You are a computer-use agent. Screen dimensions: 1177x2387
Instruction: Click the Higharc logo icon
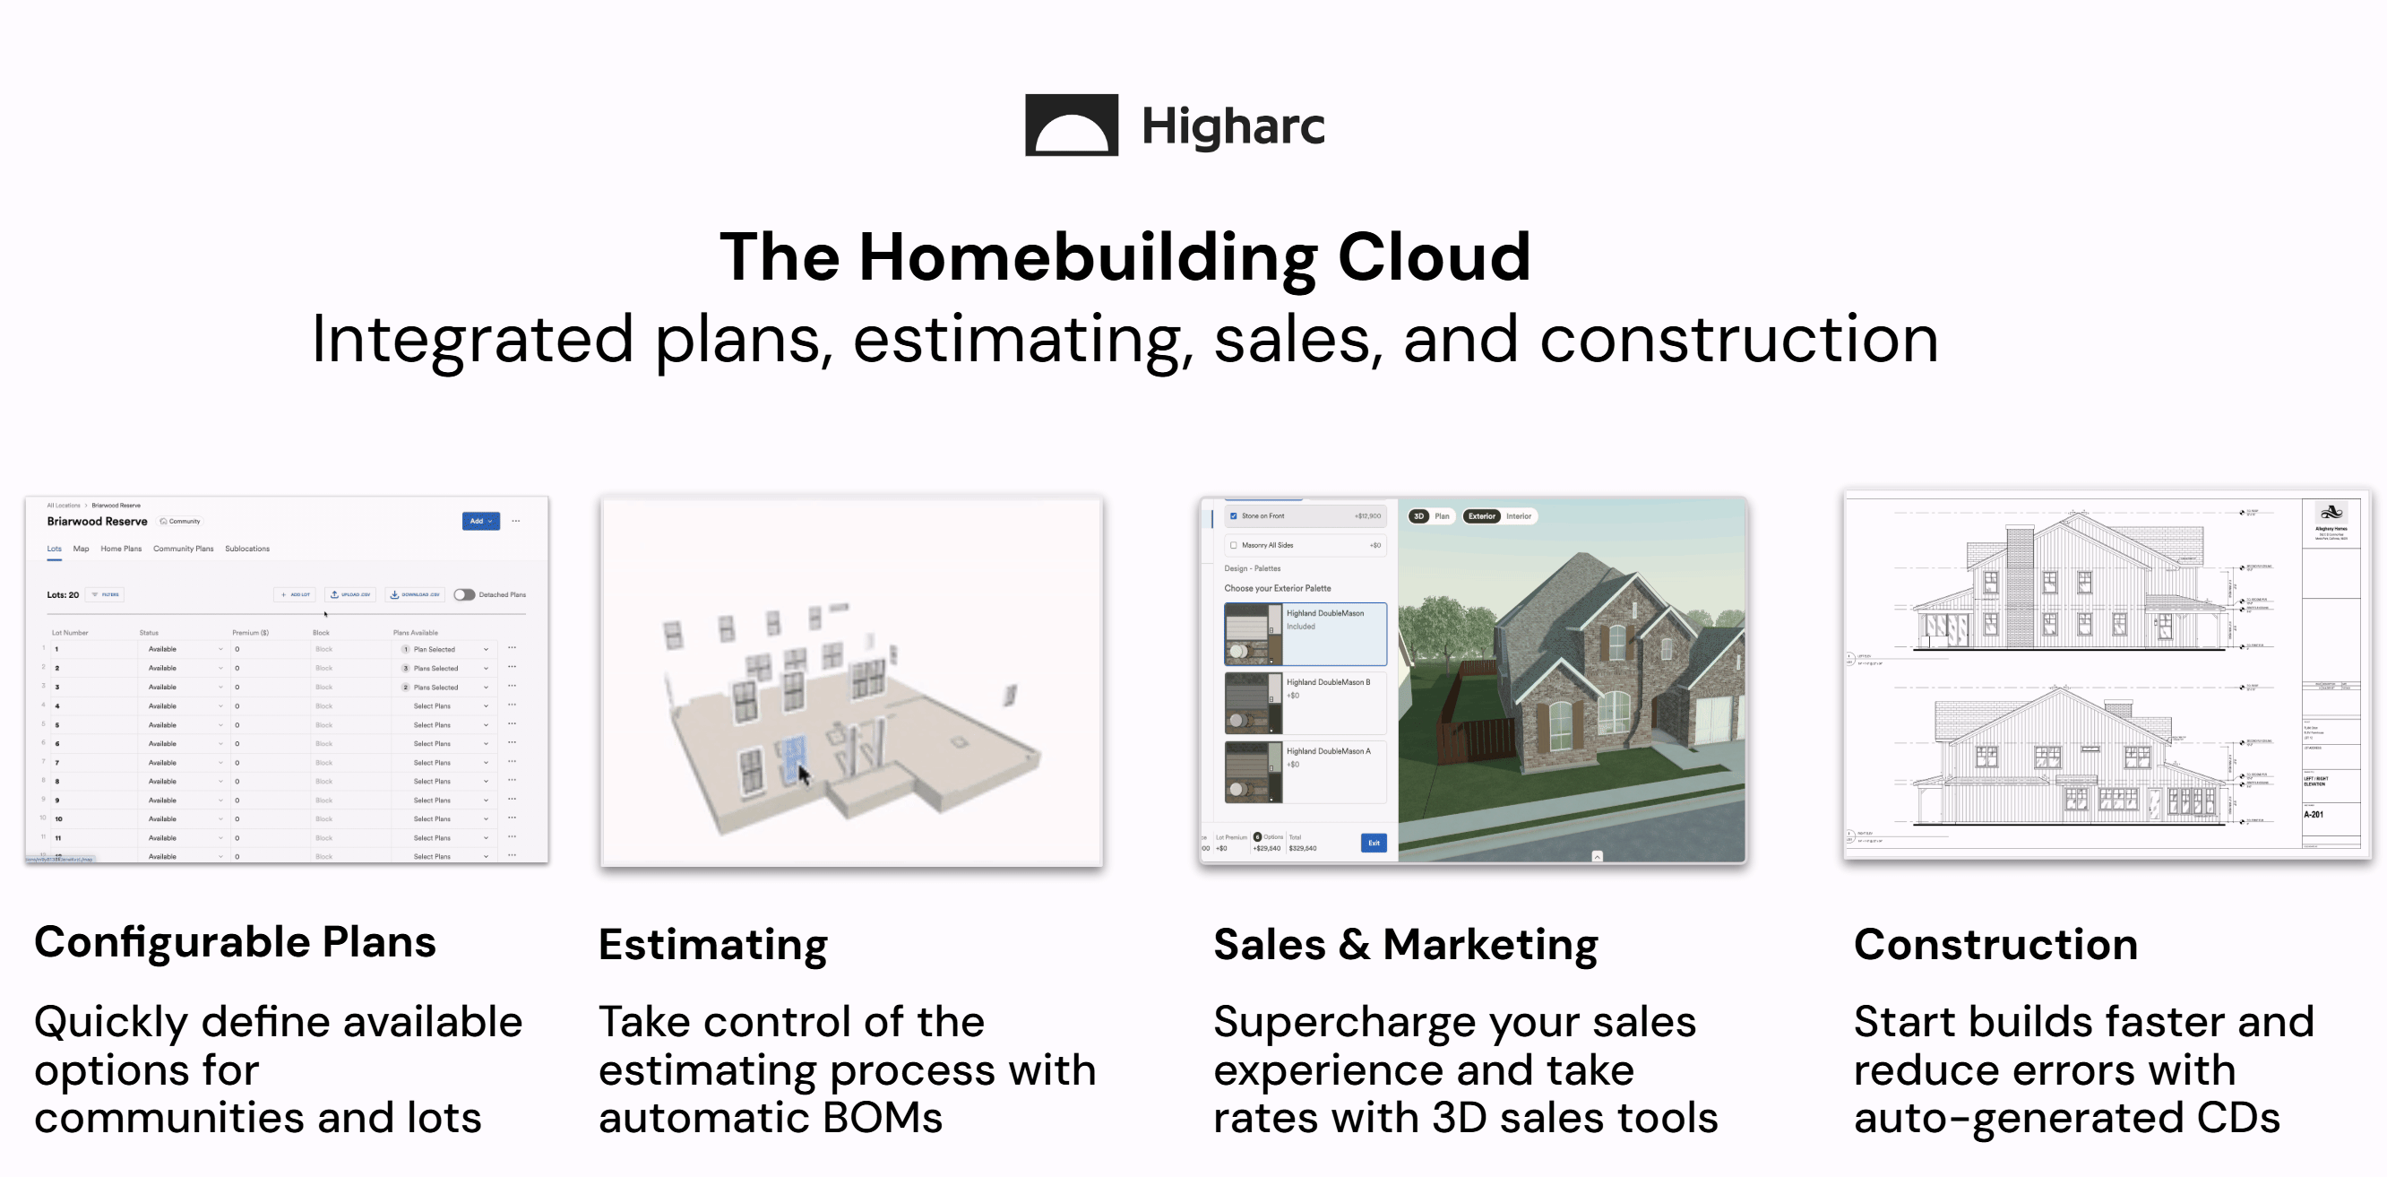1071,125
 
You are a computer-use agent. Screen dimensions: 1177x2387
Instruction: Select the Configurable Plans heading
235,941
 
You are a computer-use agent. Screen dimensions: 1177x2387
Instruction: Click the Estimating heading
712,945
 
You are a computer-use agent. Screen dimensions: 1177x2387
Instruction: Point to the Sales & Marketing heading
1405,945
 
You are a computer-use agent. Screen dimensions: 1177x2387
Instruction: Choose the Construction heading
1995,945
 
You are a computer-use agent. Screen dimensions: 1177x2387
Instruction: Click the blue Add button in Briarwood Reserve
480,521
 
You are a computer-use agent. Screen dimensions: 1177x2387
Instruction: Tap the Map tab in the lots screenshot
82,549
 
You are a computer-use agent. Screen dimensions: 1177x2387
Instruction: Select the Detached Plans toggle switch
464,595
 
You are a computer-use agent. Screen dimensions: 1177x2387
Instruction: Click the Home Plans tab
121,549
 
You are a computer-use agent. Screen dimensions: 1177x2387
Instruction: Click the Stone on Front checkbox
1233,516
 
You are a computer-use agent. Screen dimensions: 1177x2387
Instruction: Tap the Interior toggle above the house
1518,516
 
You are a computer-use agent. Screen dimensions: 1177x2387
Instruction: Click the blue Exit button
1374,843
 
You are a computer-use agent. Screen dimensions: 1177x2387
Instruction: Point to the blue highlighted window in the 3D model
793,758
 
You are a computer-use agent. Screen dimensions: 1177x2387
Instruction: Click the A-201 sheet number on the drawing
2313,815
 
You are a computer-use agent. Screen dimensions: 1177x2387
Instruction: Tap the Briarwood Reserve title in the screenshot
98,522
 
